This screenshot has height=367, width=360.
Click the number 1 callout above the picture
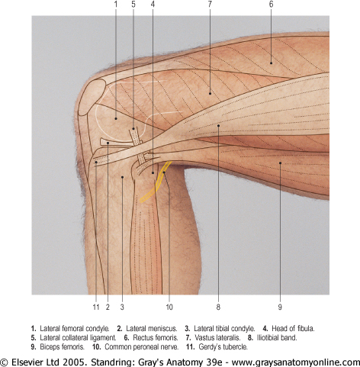click(116, 5)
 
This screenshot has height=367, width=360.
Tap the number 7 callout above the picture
click(210, 5)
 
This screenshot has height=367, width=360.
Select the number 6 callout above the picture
click(271, 5)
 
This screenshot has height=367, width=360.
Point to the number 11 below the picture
click(96, 307)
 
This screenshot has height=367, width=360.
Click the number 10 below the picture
click(169, 307)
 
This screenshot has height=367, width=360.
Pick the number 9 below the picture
click(280, 307)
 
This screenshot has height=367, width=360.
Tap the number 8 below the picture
click(218, 307)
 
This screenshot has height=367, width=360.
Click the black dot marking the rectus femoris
click(271, 63)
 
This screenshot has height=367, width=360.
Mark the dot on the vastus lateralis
click(210, 94)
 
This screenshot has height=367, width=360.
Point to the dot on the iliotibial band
click(218, 125)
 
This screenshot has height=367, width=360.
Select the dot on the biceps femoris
click(280, 163)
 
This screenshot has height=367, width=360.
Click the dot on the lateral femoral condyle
click(116, 118)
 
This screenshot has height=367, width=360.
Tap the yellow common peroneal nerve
click(156, 182)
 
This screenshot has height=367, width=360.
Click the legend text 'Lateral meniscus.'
click(152, 329)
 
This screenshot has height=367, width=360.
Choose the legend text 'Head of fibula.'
click(293, 329)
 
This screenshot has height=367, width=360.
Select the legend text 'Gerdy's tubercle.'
click(223, 347)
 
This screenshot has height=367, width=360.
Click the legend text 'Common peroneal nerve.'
click(142, 347)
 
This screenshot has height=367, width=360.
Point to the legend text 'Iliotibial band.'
click(277, 338)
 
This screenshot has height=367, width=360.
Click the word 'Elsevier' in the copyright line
click(26, 362)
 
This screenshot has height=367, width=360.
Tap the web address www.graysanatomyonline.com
click(296, 362)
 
